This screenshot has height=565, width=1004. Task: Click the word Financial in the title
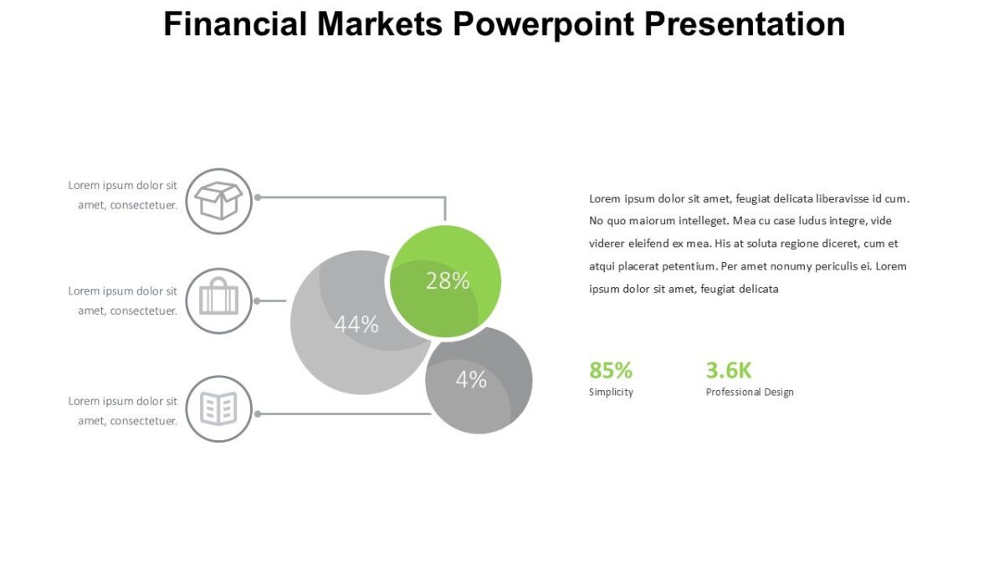(234, 24)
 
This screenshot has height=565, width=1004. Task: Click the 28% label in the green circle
(448, 281)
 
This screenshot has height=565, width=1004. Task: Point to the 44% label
(356, 325)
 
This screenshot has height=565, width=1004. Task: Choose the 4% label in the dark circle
(471, 380)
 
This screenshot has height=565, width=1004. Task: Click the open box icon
(218, 201)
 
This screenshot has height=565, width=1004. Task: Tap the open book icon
(218, 409)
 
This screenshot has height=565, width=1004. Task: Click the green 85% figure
(611, 370)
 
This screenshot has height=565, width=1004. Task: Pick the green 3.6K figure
(729, 370)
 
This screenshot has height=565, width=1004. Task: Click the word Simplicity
(611, 392)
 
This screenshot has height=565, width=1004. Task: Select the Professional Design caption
(750, 392)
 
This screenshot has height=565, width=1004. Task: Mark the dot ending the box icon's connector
(258, 198)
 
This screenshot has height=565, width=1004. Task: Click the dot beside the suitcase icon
(258, 300)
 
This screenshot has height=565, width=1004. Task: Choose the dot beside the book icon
(258, 413)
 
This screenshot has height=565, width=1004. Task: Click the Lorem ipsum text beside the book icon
(123, 411)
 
